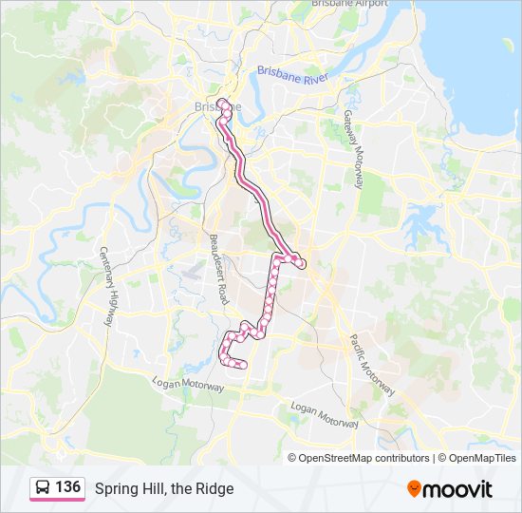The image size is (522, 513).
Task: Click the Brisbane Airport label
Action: [350, 4]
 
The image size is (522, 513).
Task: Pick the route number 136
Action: [67, 487]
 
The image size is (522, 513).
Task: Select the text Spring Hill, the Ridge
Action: [163, 488]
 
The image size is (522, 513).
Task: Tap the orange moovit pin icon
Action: [415, 488]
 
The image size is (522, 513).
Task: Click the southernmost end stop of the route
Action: [243, 364]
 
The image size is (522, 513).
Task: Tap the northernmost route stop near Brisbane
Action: [222, 102]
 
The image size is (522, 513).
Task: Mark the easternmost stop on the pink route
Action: [302, 265]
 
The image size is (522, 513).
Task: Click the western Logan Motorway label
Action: [188, 384]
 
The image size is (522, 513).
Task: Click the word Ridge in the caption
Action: [216, 488]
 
